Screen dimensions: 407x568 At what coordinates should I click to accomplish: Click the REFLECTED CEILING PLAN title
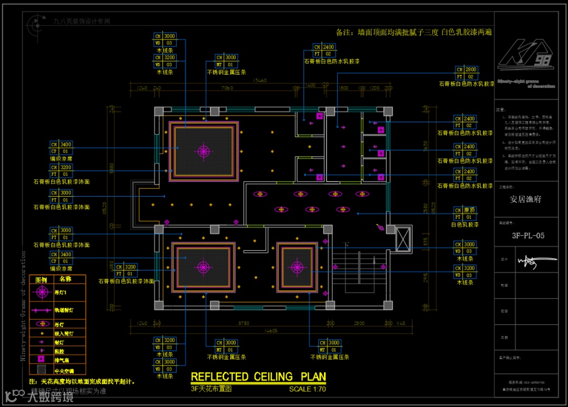click(x=258, y=377)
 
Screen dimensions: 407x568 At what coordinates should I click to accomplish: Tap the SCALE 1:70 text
click(x=307, y=390)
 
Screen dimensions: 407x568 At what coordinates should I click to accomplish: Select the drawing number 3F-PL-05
click(x=528, y=236)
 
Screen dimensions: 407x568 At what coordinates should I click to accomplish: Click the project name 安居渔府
click(x=525, y=199)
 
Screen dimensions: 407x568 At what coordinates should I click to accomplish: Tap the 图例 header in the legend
click(x=40, y=280)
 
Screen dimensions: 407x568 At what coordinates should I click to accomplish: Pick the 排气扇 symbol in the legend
click(x=40, y=360)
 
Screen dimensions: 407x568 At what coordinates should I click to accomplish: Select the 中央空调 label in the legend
click(x=65, y=370)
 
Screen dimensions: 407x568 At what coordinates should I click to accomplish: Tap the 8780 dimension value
click(x=244, y=323)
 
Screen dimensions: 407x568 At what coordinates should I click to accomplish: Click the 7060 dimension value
click(x=227, y=88)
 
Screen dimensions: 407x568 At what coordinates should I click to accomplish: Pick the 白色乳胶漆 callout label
click(x=465, y=225)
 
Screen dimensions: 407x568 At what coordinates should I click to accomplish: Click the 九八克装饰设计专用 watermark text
click(x=82, y=22)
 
